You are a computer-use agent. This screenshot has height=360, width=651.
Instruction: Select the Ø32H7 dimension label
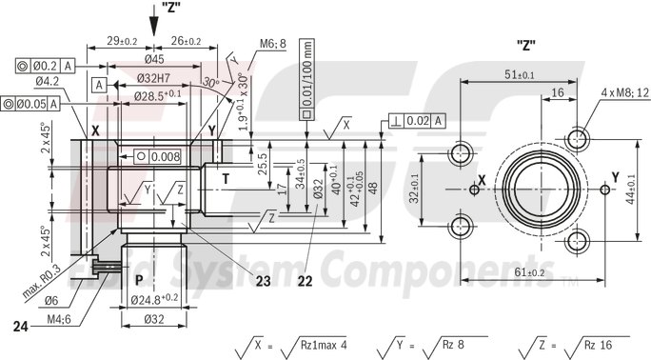point(155,77)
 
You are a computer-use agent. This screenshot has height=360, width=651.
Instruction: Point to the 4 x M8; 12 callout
point(624,92)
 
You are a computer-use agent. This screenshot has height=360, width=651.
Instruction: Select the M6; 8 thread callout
point(274,44)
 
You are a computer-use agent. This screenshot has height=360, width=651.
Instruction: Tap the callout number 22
point(305,280)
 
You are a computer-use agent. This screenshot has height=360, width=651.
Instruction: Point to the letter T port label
point(226,177)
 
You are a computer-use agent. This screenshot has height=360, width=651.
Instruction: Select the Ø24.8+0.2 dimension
point(155,300)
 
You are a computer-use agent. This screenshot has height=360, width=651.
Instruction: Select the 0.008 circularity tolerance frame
point(158,155)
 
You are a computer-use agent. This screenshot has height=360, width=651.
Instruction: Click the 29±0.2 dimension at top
point(122,41)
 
